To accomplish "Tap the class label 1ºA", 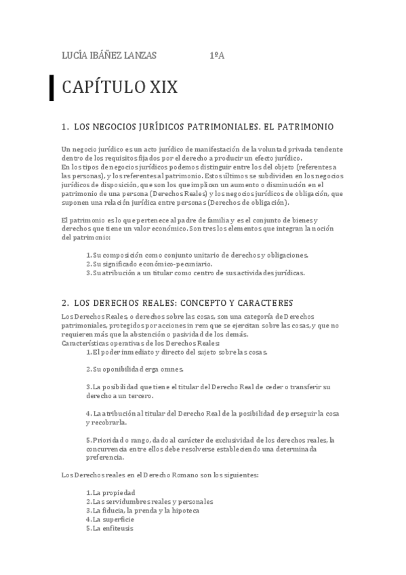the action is (217, 56).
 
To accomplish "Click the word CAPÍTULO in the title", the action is (100, 87).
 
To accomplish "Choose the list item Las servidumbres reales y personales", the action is (149, 501).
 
